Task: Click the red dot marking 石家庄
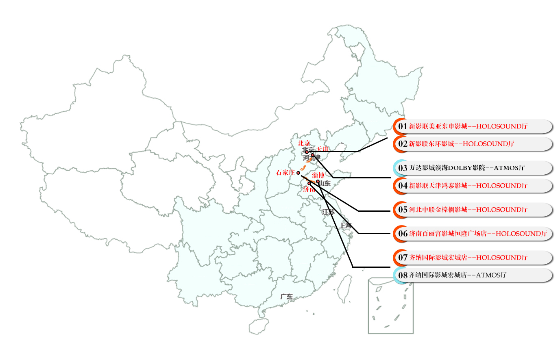point(298,173)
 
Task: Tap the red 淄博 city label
point(318,175)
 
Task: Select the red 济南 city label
point(309,189)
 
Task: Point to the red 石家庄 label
point(285,173)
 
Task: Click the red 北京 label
point(304,143)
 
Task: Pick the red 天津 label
point(322,149)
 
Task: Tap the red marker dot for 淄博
point(318,181)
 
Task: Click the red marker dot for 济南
point(309,184)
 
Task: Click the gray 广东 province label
point(286,297)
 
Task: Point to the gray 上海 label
point(346,226)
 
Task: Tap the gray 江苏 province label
point(328,212)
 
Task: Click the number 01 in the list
point(403,126)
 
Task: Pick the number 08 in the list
point(403,275)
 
